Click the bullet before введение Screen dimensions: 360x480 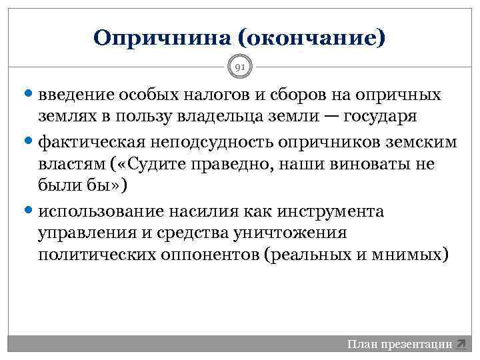pos(31,95)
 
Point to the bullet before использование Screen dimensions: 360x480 pos(31,212)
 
